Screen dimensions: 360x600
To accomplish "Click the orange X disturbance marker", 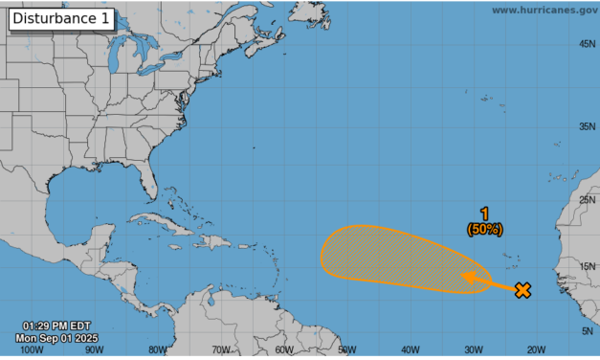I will [x=522, y=290].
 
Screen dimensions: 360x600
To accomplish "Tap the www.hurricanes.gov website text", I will [x=544, y=10].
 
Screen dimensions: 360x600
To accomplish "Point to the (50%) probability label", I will [x=484, y=229].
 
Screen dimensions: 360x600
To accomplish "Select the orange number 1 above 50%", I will [x=484, y=215].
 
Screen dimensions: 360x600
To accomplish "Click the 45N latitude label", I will [x=587, y=44].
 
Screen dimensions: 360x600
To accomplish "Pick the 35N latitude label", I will [x=587, y=126].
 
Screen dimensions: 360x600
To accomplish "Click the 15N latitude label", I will [x=587, y=266].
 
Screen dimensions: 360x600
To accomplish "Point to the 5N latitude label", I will [x=589, y=331].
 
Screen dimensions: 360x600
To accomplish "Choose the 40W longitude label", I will [x=411, y=350].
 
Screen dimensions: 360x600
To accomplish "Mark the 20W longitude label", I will [x=536, y=350].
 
